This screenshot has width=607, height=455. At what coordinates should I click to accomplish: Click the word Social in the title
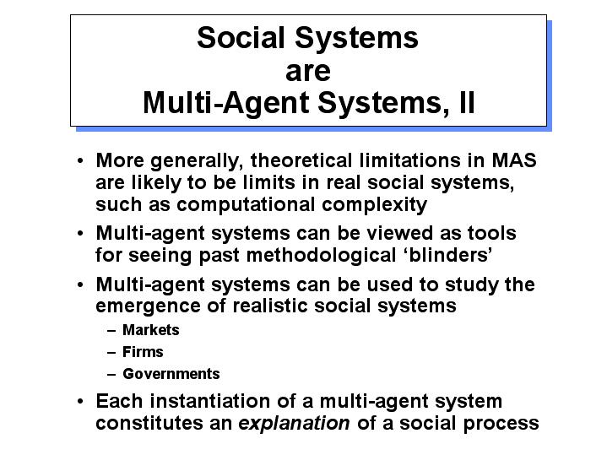[x=241, y=37]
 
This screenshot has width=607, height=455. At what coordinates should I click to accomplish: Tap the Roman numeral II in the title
[x=467, y=102]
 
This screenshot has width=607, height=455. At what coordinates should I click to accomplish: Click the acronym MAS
[x=514, y=160]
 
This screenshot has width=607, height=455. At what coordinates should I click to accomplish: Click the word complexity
[x=374, y=204]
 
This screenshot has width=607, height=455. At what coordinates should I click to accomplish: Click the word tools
[x=492, y=233]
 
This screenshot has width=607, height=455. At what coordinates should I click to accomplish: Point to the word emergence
[x=148, y=306]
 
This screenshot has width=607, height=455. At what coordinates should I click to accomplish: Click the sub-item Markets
[x=151, y=330]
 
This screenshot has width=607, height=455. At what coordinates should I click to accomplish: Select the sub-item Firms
[x=143, y=352]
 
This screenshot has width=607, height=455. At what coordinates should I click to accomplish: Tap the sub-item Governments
[x=171, y=374]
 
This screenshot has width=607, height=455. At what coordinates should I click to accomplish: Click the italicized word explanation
[x=294, y=423]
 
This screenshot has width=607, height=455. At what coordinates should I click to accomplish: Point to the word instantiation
[x=210, y=401]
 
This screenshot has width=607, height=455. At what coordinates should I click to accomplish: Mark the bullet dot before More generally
[x=80, y=160]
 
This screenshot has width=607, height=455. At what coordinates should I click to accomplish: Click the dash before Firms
[x=111, y=352]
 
